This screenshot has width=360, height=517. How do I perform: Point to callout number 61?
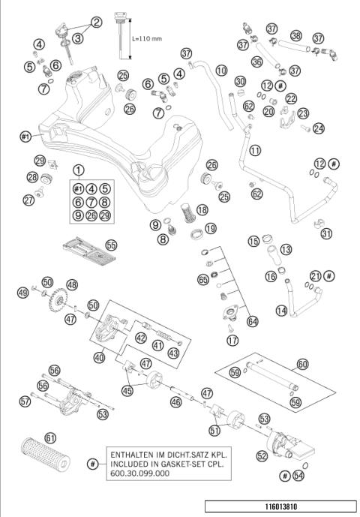[x=50, y=437]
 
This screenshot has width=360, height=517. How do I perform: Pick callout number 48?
[x=72, y=285]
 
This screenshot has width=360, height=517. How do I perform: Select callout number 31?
[x=325, y=233]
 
